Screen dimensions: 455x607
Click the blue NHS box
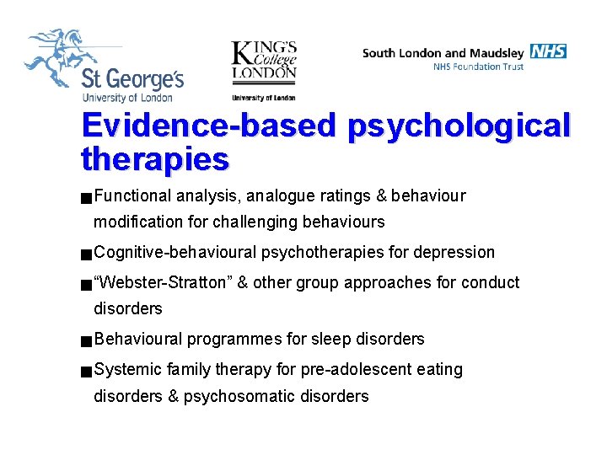click(548, 51)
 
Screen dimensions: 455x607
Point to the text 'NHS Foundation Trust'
click(478, 67)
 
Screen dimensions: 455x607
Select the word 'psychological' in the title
click(459, 126)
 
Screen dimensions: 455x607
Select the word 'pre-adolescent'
click(363, 369)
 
